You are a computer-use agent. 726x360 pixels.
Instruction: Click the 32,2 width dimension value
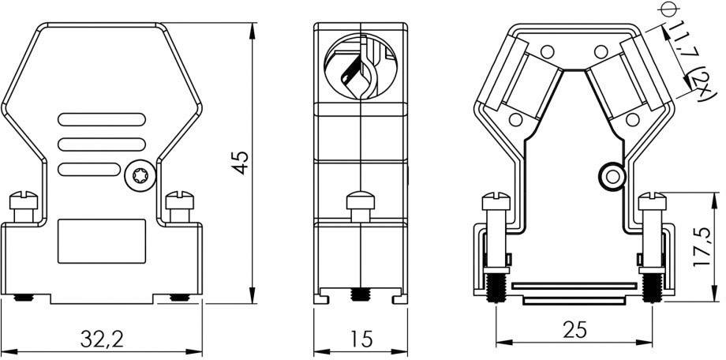[102, 339]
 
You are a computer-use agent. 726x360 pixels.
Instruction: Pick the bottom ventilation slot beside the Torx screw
[89, 169]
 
